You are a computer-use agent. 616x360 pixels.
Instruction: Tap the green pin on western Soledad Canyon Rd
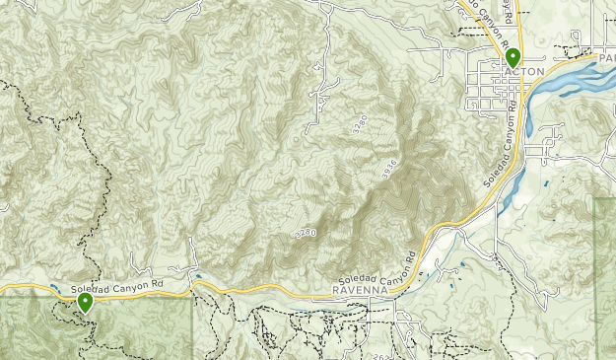pyautogui.click(x=86, y=303)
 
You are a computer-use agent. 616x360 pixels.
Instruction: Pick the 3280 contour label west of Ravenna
pyautogui.click(x=306, y=233)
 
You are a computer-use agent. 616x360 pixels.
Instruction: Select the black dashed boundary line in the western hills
pyautogui.click(x=99, y=178)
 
